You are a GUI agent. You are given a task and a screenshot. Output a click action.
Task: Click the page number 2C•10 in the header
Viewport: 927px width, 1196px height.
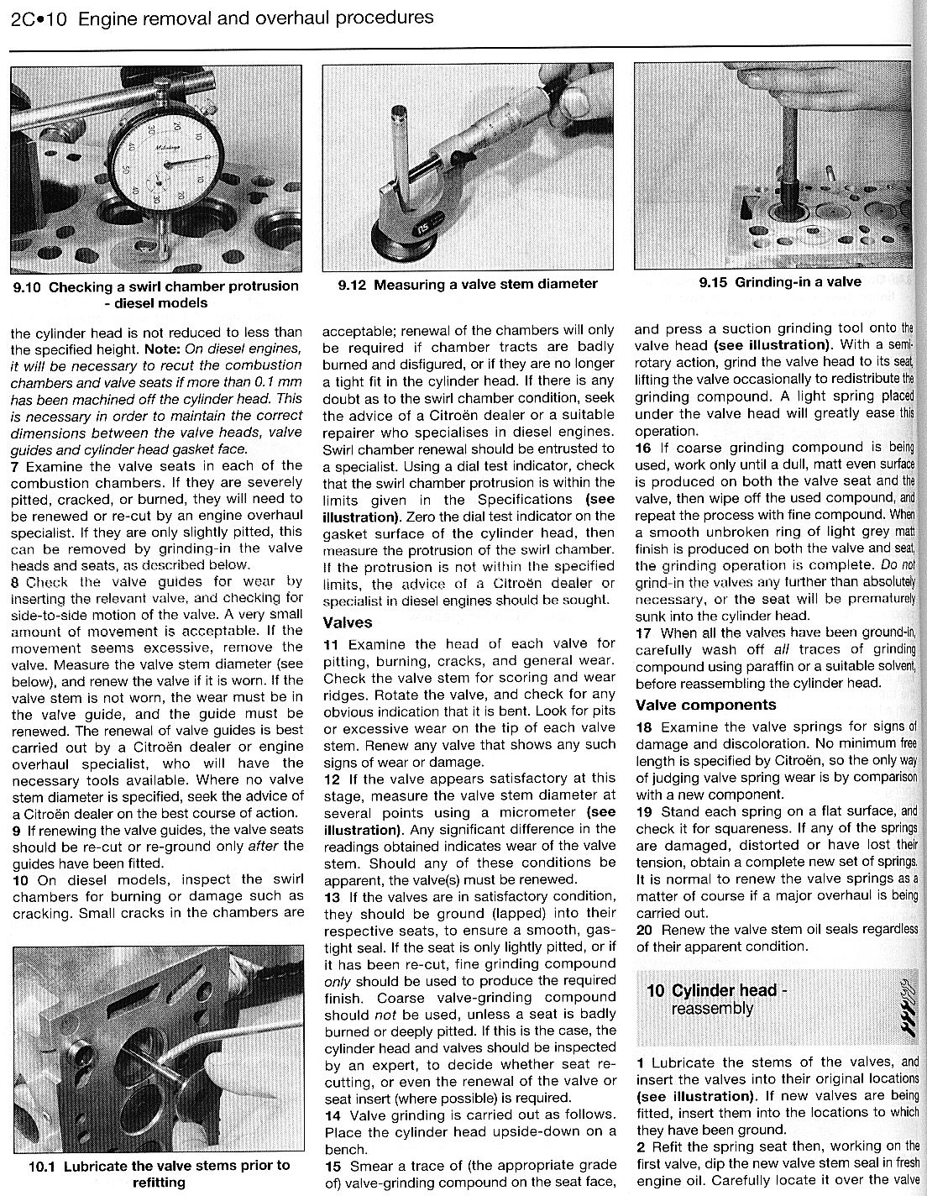pyautogui.click(x=38, y=17)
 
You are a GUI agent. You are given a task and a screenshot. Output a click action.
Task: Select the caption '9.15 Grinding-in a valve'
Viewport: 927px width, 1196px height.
pyautogui.click(x=780, y=282)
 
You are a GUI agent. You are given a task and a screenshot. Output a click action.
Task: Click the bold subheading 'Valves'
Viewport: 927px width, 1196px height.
pyautogui.click(x=348, y=622)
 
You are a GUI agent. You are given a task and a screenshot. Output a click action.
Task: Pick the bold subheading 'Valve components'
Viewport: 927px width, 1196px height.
pyautogui.click(x=705, y=705)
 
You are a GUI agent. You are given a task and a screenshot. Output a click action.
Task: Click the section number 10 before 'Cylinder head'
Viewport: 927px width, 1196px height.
pyautogui.click(x=655, y=990)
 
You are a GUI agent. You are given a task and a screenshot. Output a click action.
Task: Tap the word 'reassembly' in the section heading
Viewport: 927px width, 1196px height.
pyautogui.click(x=712, y=1008)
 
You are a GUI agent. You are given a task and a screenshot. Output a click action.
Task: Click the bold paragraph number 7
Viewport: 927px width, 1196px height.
pyautogui.click(x=14, y=465)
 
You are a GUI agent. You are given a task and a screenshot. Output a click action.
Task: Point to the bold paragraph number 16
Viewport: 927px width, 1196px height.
pyautogui.click(x=642, y=448)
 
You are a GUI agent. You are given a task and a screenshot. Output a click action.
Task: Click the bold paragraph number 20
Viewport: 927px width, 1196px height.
pyautogui.click(x=644, y=930)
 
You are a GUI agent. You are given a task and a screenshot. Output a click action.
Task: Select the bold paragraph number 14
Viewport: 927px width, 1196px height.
pyautogui.click(x=332, y=1115)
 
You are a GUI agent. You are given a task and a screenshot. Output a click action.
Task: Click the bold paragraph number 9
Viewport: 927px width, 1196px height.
pyautogui.click(x=14, y=830)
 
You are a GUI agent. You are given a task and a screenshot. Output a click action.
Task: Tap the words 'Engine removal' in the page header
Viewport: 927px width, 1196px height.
pyautogui.click(x=135, y=17)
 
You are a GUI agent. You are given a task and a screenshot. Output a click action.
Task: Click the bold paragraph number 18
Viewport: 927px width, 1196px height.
pyautogui.click(x=644, y=727)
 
